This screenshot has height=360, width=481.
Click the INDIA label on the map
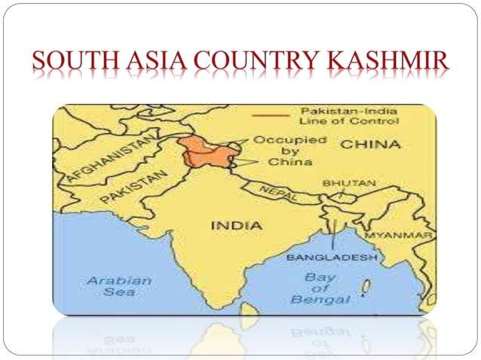click(236, 225)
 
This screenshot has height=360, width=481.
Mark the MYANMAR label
click(400, 236)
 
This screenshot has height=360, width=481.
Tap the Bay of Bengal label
click(320, 288)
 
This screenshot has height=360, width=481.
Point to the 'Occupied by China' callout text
click(279, 150)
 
